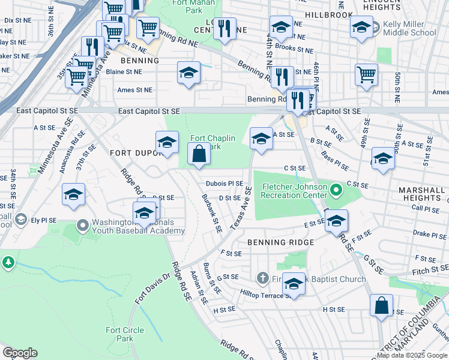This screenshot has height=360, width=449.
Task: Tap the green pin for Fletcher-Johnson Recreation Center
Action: pos(336,191)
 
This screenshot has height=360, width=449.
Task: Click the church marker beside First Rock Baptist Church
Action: pos(262,278)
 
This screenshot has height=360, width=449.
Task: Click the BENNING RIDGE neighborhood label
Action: pos(280,242)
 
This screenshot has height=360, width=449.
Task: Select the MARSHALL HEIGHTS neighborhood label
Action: pos(423,194)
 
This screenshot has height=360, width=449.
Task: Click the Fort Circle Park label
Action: pos(125,334)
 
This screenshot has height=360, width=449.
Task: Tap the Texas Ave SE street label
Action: pos(241,206)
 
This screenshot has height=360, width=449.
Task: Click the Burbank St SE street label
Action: pos(212,213)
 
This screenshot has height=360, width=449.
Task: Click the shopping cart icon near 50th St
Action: pos(366,75)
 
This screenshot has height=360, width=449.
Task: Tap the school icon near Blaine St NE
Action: pos(188,73)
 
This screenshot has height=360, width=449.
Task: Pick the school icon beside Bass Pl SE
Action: pos(382,159)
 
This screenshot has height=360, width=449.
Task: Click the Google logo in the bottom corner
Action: pos(20,353)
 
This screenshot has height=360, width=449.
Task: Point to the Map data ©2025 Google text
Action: pos(411,355)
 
